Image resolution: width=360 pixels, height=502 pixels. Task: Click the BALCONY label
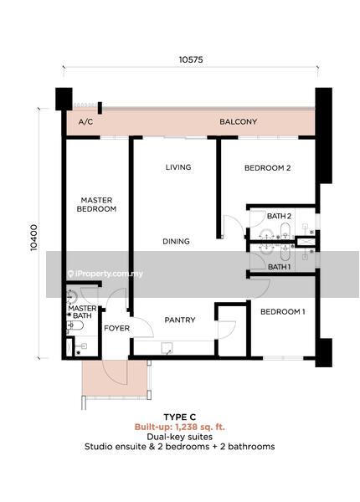point(238,121)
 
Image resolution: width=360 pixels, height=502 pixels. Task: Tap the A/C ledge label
point(85,122)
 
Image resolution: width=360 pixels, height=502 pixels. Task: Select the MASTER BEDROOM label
point(96,205)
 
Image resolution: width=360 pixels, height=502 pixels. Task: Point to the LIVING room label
point(178,167)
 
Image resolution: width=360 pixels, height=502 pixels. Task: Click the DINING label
point(176,242)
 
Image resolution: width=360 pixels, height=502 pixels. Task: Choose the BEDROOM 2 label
point(267,168)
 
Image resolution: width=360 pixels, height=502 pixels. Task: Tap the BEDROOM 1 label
point(282,311)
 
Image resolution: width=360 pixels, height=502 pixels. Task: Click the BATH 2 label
point(279,216)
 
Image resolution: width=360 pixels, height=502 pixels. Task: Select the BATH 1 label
point(279,267)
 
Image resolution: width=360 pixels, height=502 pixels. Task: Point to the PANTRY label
point(180,320)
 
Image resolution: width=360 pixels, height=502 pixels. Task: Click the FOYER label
point(116,328)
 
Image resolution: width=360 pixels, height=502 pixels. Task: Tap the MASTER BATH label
point(82,312)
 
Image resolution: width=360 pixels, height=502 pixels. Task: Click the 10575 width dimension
point(191,59)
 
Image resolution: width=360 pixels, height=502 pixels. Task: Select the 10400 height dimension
point(33,238)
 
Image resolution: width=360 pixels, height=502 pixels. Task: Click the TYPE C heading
point(180,417)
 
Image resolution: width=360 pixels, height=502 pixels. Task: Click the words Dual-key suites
point(180,437)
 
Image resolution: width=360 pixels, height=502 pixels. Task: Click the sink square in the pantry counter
point(167,348)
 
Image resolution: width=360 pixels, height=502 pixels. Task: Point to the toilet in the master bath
point(75,326)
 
